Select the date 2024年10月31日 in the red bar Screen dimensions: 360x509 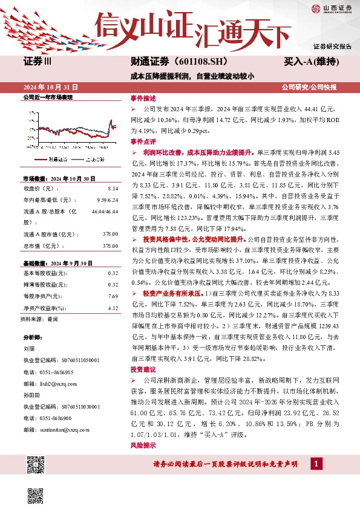(x=51, y=87)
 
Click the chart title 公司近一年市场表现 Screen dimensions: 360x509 (x=47, y=97)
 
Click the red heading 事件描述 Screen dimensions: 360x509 (x=143, y=98)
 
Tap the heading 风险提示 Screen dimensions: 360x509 (x=143, y=446)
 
